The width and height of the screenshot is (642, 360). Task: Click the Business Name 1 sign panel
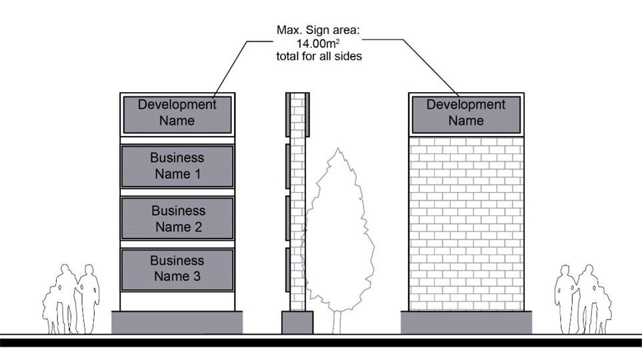(177, 167)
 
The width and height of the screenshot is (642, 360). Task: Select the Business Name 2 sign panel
(177, 219)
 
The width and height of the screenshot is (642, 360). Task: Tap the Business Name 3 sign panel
(177, 269)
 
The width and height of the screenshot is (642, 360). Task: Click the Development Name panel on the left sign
(177, 113)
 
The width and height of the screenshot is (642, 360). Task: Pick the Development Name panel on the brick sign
(465, 113)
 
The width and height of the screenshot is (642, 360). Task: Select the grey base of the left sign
(177, 322)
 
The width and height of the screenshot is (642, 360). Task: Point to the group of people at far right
(583, 300)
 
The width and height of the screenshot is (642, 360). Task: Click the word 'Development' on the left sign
(177, 105)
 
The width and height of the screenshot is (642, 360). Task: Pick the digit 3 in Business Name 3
(196, 277)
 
